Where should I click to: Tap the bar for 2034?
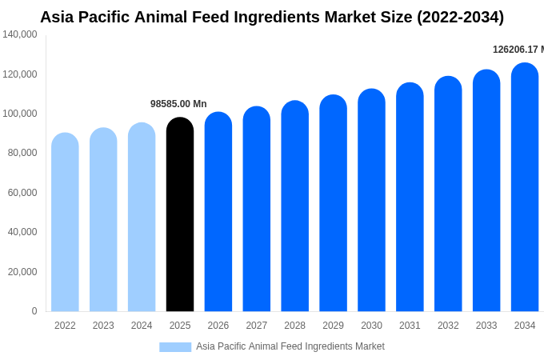525,187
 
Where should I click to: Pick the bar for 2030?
371,200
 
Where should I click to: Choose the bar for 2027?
257,209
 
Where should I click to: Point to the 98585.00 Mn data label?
178,104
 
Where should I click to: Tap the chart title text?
272,17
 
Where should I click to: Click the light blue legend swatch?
175,346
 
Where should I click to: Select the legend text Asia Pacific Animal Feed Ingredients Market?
290,346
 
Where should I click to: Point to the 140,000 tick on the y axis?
20,34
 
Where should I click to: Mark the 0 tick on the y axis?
34,311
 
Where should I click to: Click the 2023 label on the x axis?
103,326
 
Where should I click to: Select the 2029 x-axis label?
333,326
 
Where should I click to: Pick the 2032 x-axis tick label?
448,326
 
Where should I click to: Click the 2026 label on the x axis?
218,326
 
